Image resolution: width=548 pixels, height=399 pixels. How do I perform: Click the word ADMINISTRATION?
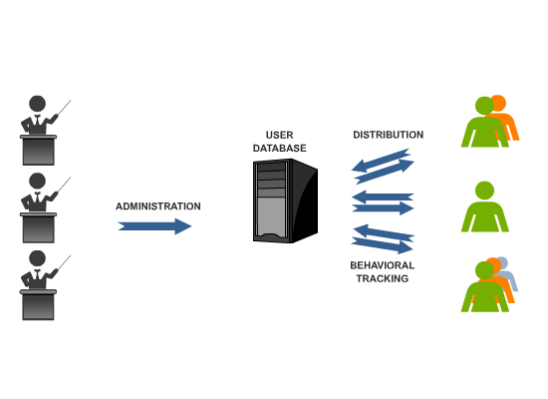[158, 206]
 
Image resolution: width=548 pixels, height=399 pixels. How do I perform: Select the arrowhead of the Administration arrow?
[183, 226]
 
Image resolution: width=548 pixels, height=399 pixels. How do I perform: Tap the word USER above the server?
[280, 135]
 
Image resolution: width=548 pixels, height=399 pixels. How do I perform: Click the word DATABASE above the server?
[280, 148]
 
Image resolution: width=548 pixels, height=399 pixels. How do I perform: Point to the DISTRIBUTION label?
[389, 135]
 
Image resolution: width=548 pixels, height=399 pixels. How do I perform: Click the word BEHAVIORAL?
[383, 265]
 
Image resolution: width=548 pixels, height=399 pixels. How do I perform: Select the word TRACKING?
[383, 278]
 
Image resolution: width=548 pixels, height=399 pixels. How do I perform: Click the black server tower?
[285, 200]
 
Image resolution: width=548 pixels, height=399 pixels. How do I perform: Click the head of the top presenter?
[38, 104]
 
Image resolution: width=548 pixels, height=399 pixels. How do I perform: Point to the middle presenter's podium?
[39, 227]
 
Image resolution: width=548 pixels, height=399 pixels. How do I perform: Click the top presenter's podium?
[39, 150]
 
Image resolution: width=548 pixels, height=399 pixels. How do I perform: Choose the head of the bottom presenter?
[38, 258]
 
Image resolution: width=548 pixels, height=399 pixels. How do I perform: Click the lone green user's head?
[485, 191]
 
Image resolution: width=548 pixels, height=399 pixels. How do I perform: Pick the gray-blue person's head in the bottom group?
[502, 263]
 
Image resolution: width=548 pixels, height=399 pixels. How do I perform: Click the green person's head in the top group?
[485, 106]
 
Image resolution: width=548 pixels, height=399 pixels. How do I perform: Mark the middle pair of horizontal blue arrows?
[383, 202]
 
